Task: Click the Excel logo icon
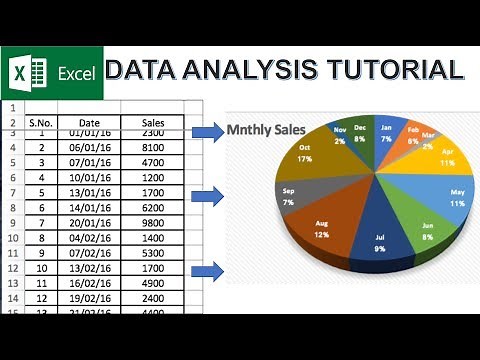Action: [28, 72]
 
